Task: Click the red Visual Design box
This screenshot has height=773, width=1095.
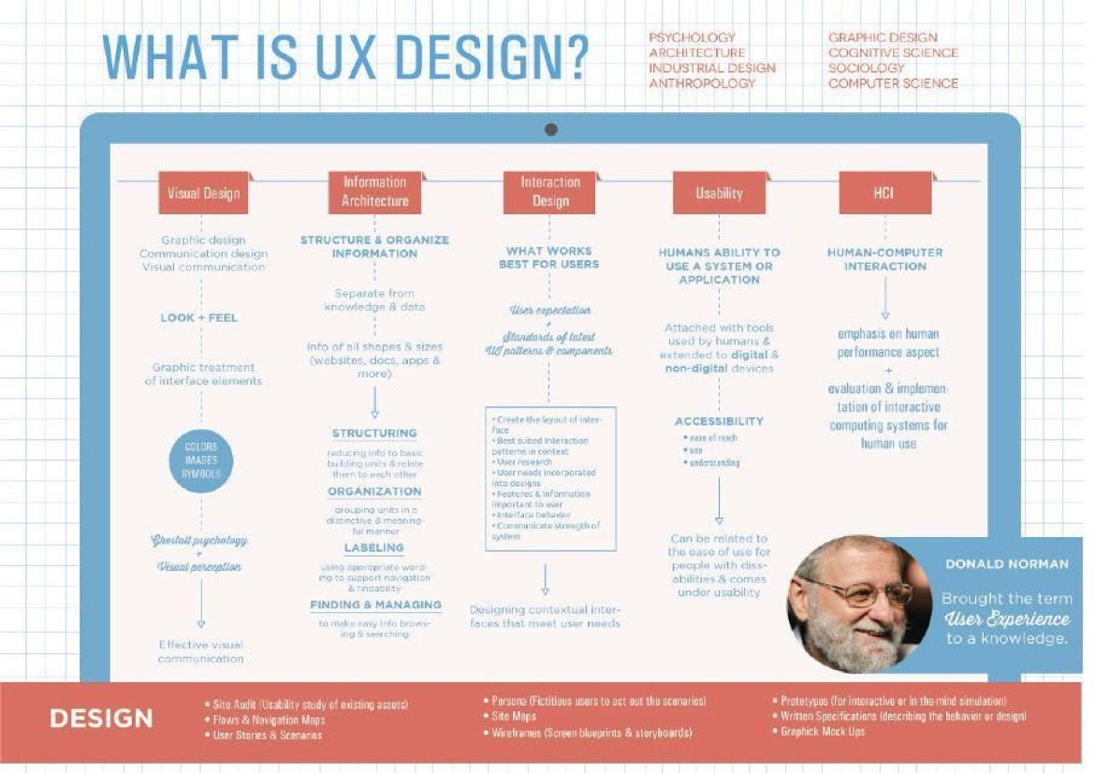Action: point(203,194)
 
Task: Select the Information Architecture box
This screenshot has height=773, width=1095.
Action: point(374,192)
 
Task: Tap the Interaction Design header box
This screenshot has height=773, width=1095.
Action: point(549,192)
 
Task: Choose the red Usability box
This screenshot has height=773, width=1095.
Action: point(719,194)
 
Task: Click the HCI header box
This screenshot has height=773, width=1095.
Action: point(883,194)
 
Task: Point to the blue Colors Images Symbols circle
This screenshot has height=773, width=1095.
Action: point(201,460)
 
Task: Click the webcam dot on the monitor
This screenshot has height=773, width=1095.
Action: point(550,129)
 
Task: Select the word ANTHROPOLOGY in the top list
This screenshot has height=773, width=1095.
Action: point(702,83)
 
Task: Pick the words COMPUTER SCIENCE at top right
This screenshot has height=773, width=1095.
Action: point(893,83)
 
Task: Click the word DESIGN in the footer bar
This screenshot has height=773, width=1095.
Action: point(101,719)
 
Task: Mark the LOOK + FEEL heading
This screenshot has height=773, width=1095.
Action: point(198,317)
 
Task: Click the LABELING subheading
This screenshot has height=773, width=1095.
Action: point(373,547)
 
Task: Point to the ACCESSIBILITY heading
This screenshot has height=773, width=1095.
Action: point(719,421)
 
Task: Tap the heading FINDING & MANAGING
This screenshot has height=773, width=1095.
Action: point(375,605)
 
